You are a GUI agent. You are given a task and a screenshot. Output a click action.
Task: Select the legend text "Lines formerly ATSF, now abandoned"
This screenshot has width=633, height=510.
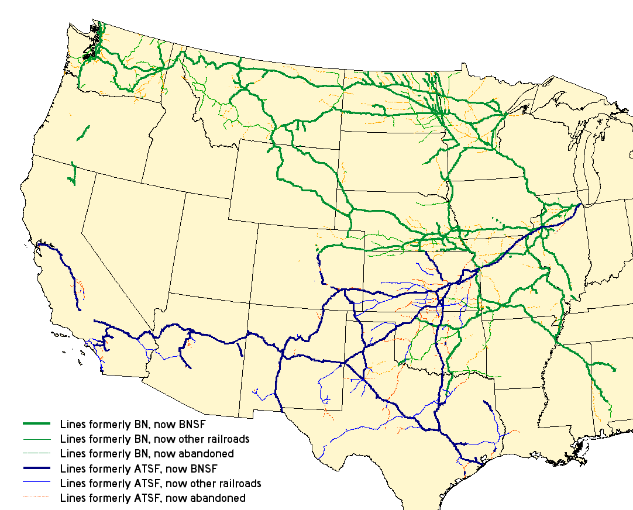[153, 498]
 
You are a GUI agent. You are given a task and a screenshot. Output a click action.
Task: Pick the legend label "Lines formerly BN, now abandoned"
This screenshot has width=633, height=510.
[147, 453]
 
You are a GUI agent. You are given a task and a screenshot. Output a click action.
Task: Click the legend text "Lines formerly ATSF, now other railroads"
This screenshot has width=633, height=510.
[160, 484]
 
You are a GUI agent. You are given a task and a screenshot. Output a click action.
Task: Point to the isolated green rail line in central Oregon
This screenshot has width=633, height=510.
[84, 133]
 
